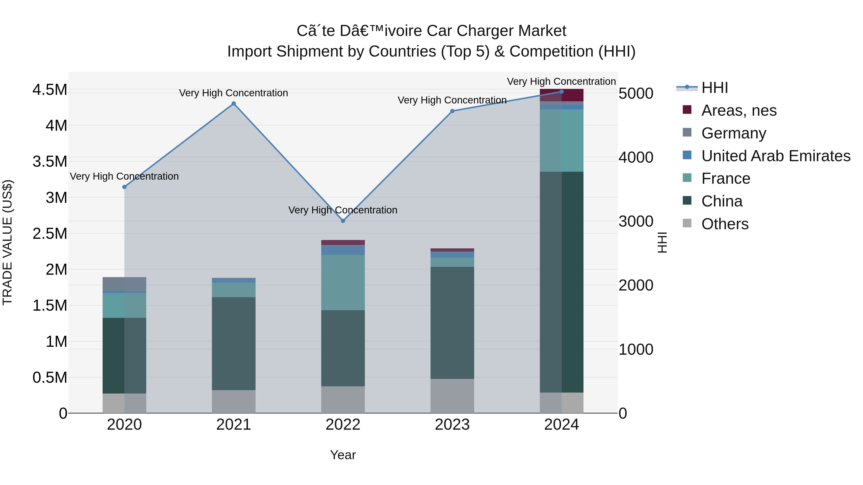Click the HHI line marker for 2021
pyautogui.click(x=233, y=104)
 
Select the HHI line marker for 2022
pyautogui.click(x=343, y=221)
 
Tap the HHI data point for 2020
pyautogui.click(x=124, y=187)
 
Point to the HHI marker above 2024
pyautogui.click(x=561, y=92)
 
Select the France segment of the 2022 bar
pyautogui.click(x=343, y=283)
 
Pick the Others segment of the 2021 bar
pyautogui.click(x=233, y=401)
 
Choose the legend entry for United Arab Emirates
pyautogui.click(x=776, y=156)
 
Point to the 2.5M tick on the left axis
pyautogui.click(x=50, y=234)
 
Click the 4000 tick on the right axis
pyautogui.click(x=636, y=157)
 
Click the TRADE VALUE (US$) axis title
pyautogui.click(x=7, y=242)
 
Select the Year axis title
pyautogui.click(x=343, y=455)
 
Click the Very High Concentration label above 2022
pyautogui.click(x=343, y=210)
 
